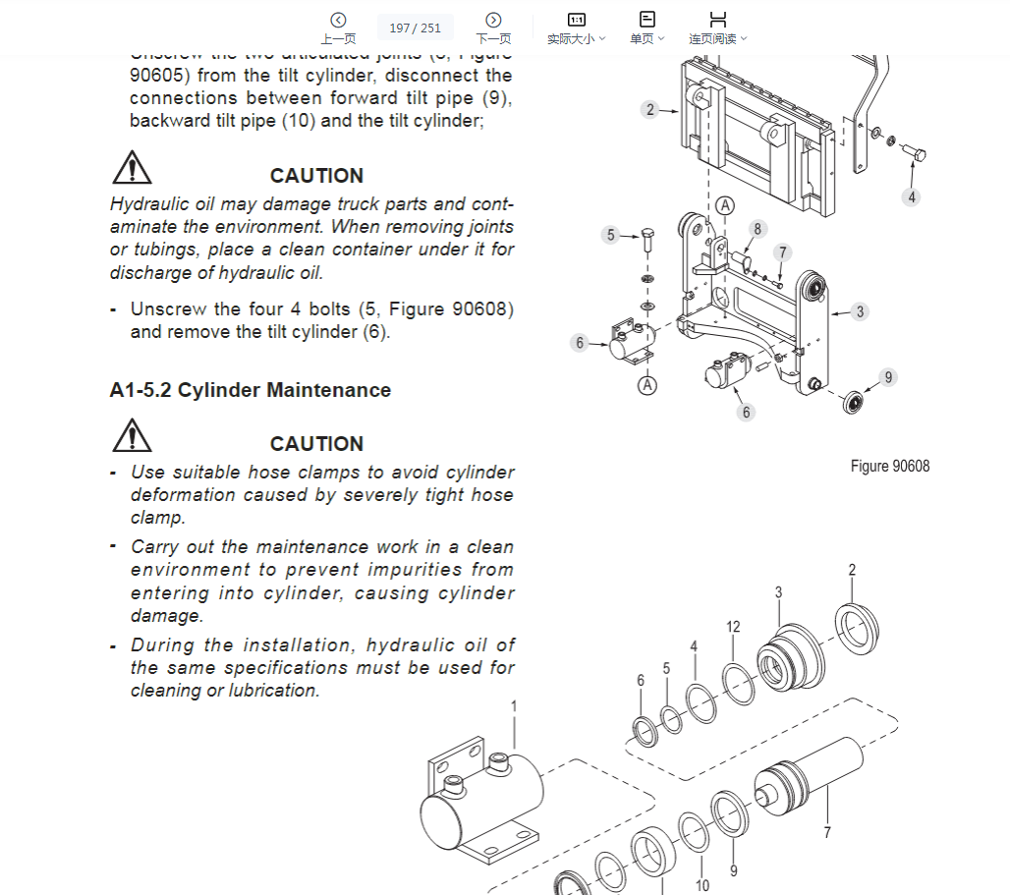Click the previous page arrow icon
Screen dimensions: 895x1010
[x=338, y=20]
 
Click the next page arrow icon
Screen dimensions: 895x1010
[x=493, y=20]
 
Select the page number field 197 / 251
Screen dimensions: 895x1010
[x=416, y=28]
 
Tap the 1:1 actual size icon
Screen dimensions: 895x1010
[x=577, y=20]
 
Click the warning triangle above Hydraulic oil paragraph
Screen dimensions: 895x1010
[x=132, y=168]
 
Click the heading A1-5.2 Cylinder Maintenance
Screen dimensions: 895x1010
[x=251, y=390]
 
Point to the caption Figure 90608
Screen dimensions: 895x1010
[x=890, y=466]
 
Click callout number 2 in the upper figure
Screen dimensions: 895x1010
[x=649, y=109]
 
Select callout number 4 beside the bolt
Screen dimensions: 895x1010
[x=912, y=196]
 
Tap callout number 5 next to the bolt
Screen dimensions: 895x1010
[x=611, y=235]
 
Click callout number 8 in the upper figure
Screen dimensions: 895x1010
[x=757, y=229]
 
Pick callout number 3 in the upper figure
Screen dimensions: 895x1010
[x=860, y=311]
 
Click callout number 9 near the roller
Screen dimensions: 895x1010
[x=888, y=376]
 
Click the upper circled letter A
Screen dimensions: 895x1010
[x=725, y=205]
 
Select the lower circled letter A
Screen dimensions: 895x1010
[x=646, y=385]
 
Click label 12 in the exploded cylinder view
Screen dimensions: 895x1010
[x=733, y=627]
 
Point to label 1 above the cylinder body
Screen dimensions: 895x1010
[x=513, y=706]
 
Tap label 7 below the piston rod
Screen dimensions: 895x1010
[x=827, y=833]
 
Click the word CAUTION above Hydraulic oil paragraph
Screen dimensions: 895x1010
[x=316, y=176]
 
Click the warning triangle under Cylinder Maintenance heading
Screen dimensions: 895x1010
[x=132, y=435]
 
